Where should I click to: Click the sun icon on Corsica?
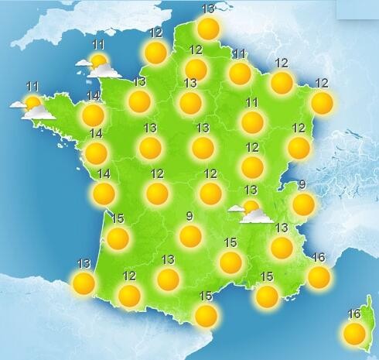354,334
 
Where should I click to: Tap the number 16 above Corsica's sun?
354,314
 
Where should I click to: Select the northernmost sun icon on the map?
208,29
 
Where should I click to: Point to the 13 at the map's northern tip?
208,9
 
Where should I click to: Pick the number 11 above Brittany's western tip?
32,86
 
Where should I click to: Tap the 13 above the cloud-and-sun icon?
251,190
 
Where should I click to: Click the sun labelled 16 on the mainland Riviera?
318,276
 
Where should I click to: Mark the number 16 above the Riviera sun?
317,257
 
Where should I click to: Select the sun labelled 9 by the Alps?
303,204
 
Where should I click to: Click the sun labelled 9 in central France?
189,236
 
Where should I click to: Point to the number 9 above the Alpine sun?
302,184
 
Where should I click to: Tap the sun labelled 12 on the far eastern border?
322,103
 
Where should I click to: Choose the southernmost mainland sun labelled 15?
206,315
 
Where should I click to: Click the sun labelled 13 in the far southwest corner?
83,283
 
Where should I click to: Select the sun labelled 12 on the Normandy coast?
155,53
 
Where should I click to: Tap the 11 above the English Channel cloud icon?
98,44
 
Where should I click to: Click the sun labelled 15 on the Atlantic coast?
118,238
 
